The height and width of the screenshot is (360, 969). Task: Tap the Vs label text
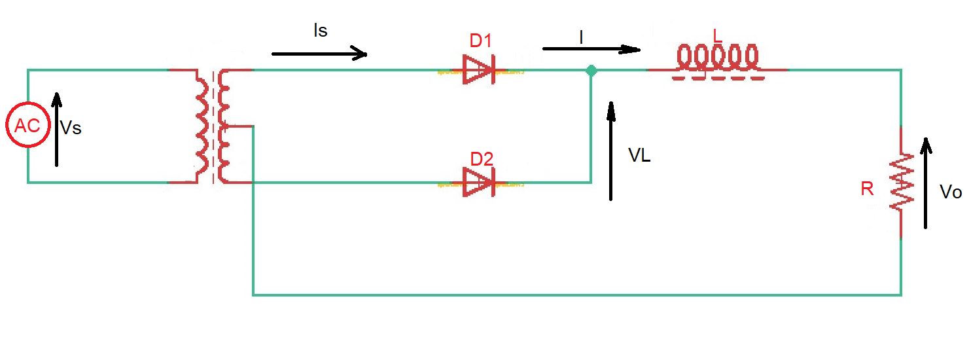(x=71, y=128)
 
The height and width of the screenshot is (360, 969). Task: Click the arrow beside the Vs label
(x=57, y=129)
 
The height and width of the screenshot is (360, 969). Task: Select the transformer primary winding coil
(x=202, y=126)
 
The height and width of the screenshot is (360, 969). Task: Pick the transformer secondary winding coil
(x=224, y=126)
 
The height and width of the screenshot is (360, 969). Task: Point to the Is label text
(x=320, y=31)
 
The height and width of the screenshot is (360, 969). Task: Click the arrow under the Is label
(x=319, y=54)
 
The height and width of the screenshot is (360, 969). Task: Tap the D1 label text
(x=480, y=41)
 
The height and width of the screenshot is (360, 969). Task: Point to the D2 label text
(x=481, y=159)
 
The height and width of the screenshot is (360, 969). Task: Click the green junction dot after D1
(x=591, y=70)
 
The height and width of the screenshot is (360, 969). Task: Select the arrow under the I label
(x=591, y=49)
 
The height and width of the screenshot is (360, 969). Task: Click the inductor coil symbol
(x=718, y=60)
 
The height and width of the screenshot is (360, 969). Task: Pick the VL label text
(x=639, y=156)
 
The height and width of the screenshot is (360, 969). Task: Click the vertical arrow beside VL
(x=611, y=150)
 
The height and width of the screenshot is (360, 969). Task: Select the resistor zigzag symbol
(x=901, y=182)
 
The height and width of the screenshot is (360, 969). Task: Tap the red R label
(x=867, y=190)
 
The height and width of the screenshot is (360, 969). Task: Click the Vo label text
(x=950, y=192)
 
